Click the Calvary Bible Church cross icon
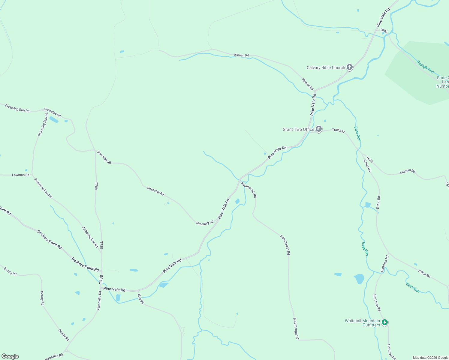pos(349,67)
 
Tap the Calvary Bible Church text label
pos(326,68)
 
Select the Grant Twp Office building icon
pos(319,129)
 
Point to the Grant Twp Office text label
pos(298,130)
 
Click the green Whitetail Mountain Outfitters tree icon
pos(385,322)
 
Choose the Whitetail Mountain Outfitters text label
pos(362,323)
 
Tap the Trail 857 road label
pos(338,130)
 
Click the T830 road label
pos(384,31)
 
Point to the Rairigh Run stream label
pos(425,67)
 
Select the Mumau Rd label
pos(407,172)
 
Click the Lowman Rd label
pos(21,175)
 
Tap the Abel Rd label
pos(140,298)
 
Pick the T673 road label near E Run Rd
pos(369,160)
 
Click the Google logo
pos(10,356)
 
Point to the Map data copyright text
pos(430,358)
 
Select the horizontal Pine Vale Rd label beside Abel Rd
pos(114,289)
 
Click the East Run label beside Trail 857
pos(357,134)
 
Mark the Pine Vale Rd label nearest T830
pos(383,18)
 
